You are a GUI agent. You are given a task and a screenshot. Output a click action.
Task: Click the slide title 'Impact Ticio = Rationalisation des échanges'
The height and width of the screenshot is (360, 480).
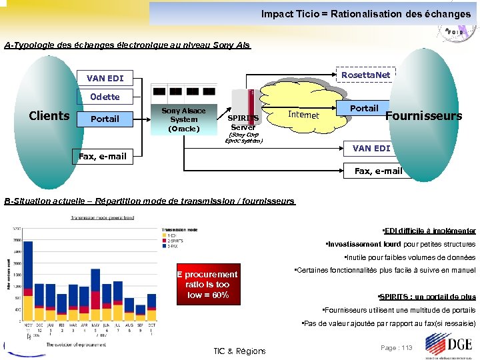coord(365,13)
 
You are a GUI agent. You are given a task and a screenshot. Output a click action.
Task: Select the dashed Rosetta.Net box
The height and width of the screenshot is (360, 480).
coord(365,75)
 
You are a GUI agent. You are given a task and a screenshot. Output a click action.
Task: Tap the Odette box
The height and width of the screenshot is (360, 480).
coord(105,97)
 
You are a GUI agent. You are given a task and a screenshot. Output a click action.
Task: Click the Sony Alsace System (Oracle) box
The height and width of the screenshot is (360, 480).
coord(183,119)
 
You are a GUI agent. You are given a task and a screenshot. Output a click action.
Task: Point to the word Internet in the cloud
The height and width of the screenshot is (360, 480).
coord(303,115)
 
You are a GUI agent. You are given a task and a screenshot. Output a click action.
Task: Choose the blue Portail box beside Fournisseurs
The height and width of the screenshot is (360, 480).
coord(364,108)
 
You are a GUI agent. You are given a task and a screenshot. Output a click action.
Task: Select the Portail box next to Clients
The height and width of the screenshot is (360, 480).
coord(105,119)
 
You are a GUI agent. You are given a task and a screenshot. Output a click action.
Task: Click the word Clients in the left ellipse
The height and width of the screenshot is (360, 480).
coord(49,116)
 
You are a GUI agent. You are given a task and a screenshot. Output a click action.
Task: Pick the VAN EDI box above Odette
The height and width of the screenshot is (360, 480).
coord(105,78)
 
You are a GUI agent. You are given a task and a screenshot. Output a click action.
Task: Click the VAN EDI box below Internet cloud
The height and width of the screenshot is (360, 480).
coord(371,148)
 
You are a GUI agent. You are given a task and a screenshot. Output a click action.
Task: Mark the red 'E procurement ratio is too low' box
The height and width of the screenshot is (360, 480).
coord(207,285)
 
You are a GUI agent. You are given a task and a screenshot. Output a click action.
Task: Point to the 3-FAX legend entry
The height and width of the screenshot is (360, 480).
coord(173,246)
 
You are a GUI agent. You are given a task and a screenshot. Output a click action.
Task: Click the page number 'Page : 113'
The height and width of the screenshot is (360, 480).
coord(397,347)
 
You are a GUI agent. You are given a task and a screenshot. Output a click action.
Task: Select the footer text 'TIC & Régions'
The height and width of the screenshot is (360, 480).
coord(239,351)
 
